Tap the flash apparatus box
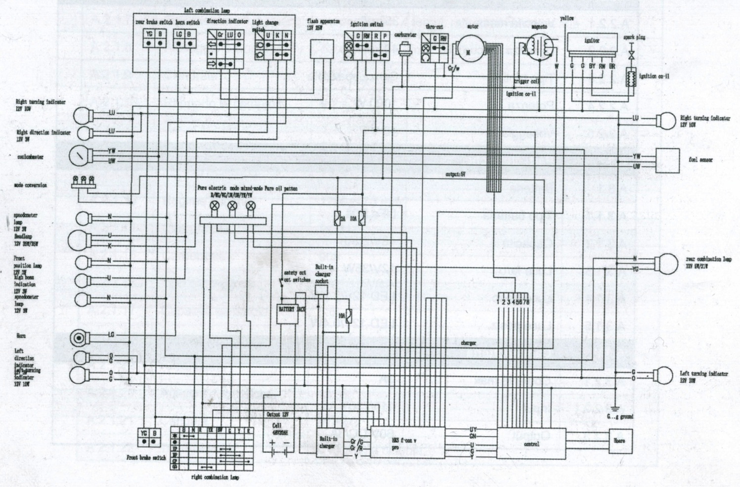tap(321, 50)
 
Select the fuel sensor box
tap(667, 160)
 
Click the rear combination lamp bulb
tap(666, 263)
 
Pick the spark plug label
tap(631, 37)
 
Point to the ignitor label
tap(592, 41)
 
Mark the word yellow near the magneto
tap(567, 18)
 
